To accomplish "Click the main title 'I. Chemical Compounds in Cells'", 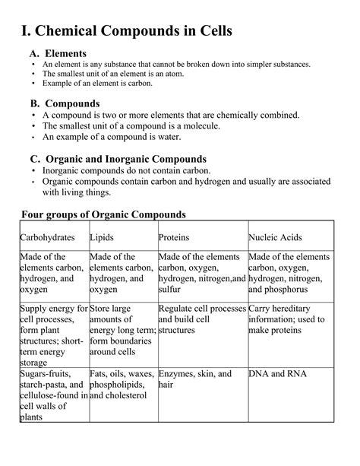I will click(x=126, y=31).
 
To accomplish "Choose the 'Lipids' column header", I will click(x=102, y=237).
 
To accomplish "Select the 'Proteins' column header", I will click(x=174, y=237).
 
